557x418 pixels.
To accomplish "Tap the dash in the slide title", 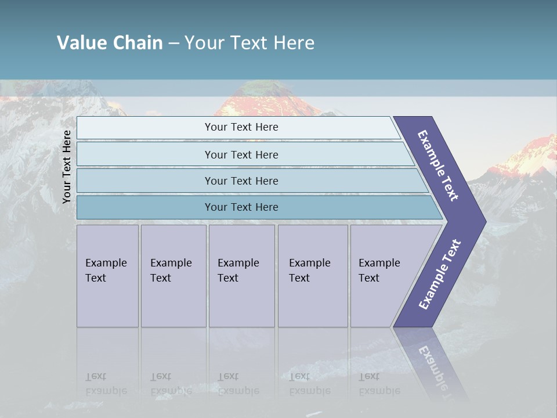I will point(173,44).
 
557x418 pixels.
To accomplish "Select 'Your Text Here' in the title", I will point(249,43).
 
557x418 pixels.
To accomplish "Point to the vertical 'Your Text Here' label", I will point(67,167).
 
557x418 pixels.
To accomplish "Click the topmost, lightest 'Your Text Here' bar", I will point(241,127).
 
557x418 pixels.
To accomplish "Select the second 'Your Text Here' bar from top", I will point(241,154).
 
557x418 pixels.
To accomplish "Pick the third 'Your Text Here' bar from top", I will point(241,181).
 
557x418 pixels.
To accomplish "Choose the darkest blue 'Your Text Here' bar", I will point(241,207).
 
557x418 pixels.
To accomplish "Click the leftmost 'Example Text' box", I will point(107,276).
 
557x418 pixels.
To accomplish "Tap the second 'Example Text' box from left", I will point(173,276).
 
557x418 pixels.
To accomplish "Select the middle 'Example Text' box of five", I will point(241,276).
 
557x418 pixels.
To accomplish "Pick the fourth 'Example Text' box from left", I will point(312,276).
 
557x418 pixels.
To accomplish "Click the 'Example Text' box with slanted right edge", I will point(383,276).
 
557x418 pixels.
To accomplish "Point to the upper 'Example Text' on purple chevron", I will point(438,165).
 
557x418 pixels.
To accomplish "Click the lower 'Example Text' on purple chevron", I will point(439,275).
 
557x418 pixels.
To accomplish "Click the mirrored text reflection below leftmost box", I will point(106,384).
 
